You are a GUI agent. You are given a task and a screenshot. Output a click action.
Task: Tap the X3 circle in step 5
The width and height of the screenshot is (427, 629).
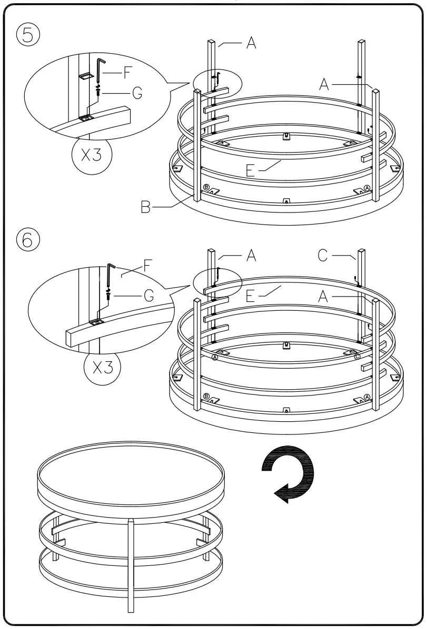coord(93,156)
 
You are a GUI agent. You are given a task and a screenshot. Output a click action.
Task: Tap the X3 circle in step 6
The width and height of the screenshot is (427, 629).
coord(102,367)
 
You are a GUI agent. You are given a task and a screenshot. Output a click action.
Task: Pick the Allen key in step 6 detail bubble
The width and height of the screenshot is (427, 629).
coord(110,273)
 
